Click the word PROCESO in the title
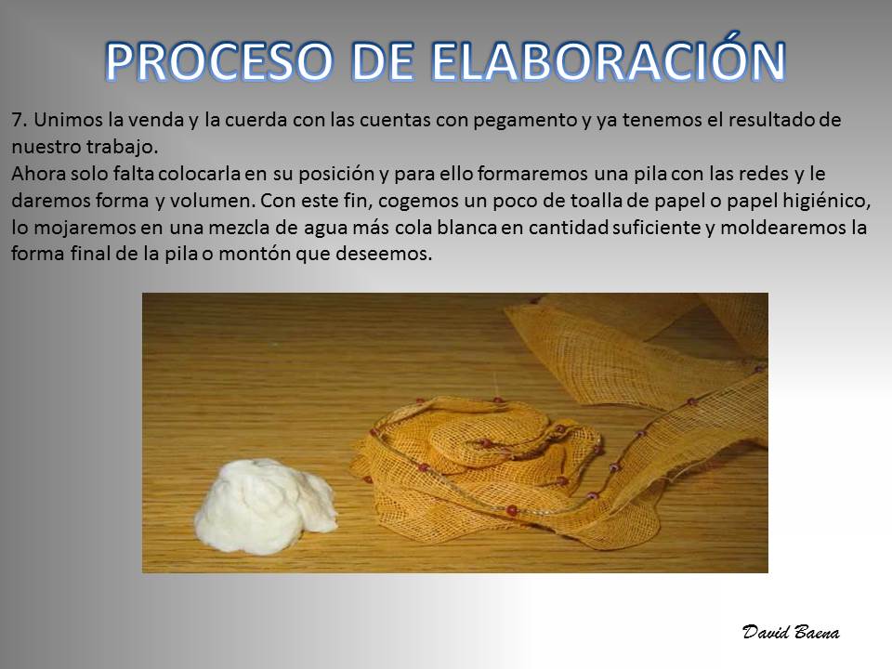pos(218,61)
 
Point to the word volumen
pos(212,201)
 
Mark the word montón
pos(256,254)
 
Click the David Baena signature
pos(791,632)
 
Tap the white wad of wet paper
pos(265,505)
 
